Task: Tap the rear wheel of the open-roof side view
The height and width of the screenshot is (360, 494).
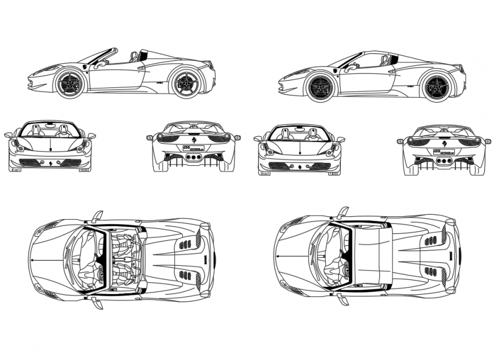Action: point(186,83)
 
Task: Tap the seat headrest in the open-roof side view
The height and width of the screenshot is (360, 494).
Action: point(135,56)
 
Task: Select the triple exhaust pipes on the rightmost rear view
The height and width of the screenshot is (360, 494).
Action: point(445,161)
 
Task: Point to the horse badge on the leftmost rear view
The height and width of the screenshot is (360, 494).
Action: point(192,139)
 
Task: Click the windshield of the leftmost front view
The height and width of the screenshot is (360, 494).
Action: point(50,131)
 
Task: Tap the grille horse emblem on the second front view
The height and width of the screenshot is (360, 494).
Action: point(299,167)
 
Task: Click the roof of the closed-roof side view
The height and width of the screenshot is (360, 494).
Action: point(372,55)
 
